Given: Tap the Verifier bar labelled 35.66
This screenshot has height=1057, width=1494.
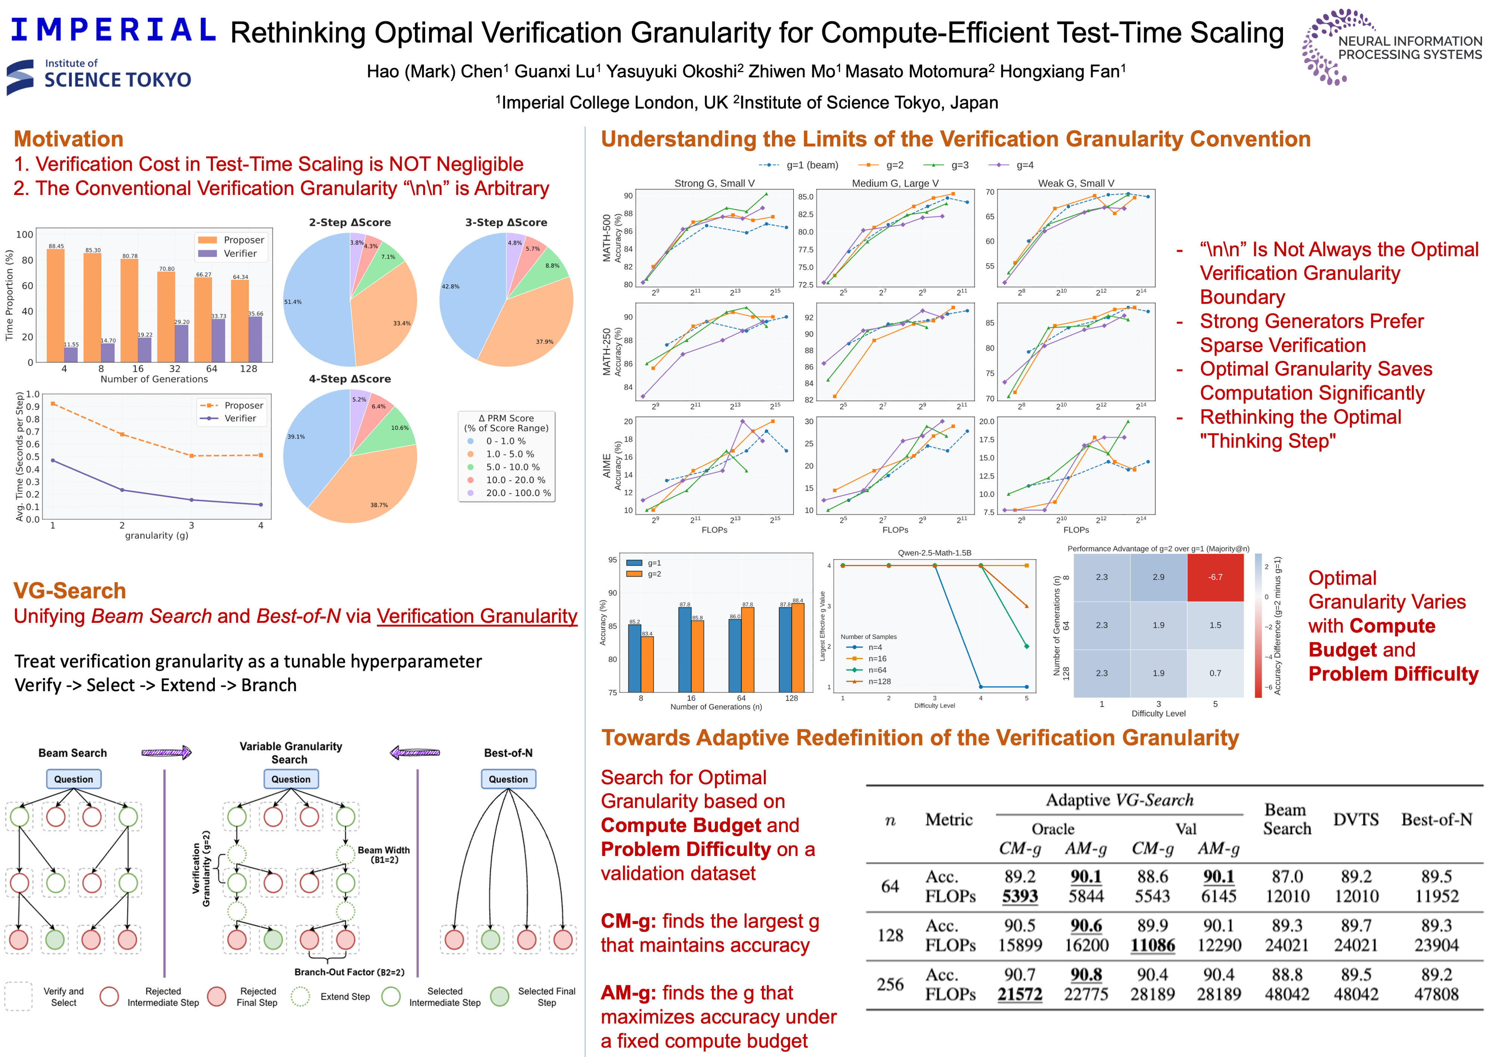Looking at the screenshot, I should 255,339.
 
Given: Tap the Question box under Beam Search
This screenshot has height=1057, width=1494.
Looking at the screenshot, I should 74,779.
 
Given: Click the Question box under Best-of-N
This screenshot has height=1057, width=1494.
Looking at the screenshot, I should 508,779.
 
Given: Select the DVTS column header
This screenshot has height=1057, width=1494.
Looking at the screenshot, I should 1355,819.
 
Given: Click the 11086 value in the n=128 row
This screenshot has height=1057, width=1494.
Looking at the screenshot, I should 1152,945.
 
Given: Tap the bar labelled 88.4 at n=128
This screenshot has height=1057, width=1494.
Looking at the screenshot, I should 798,647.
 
